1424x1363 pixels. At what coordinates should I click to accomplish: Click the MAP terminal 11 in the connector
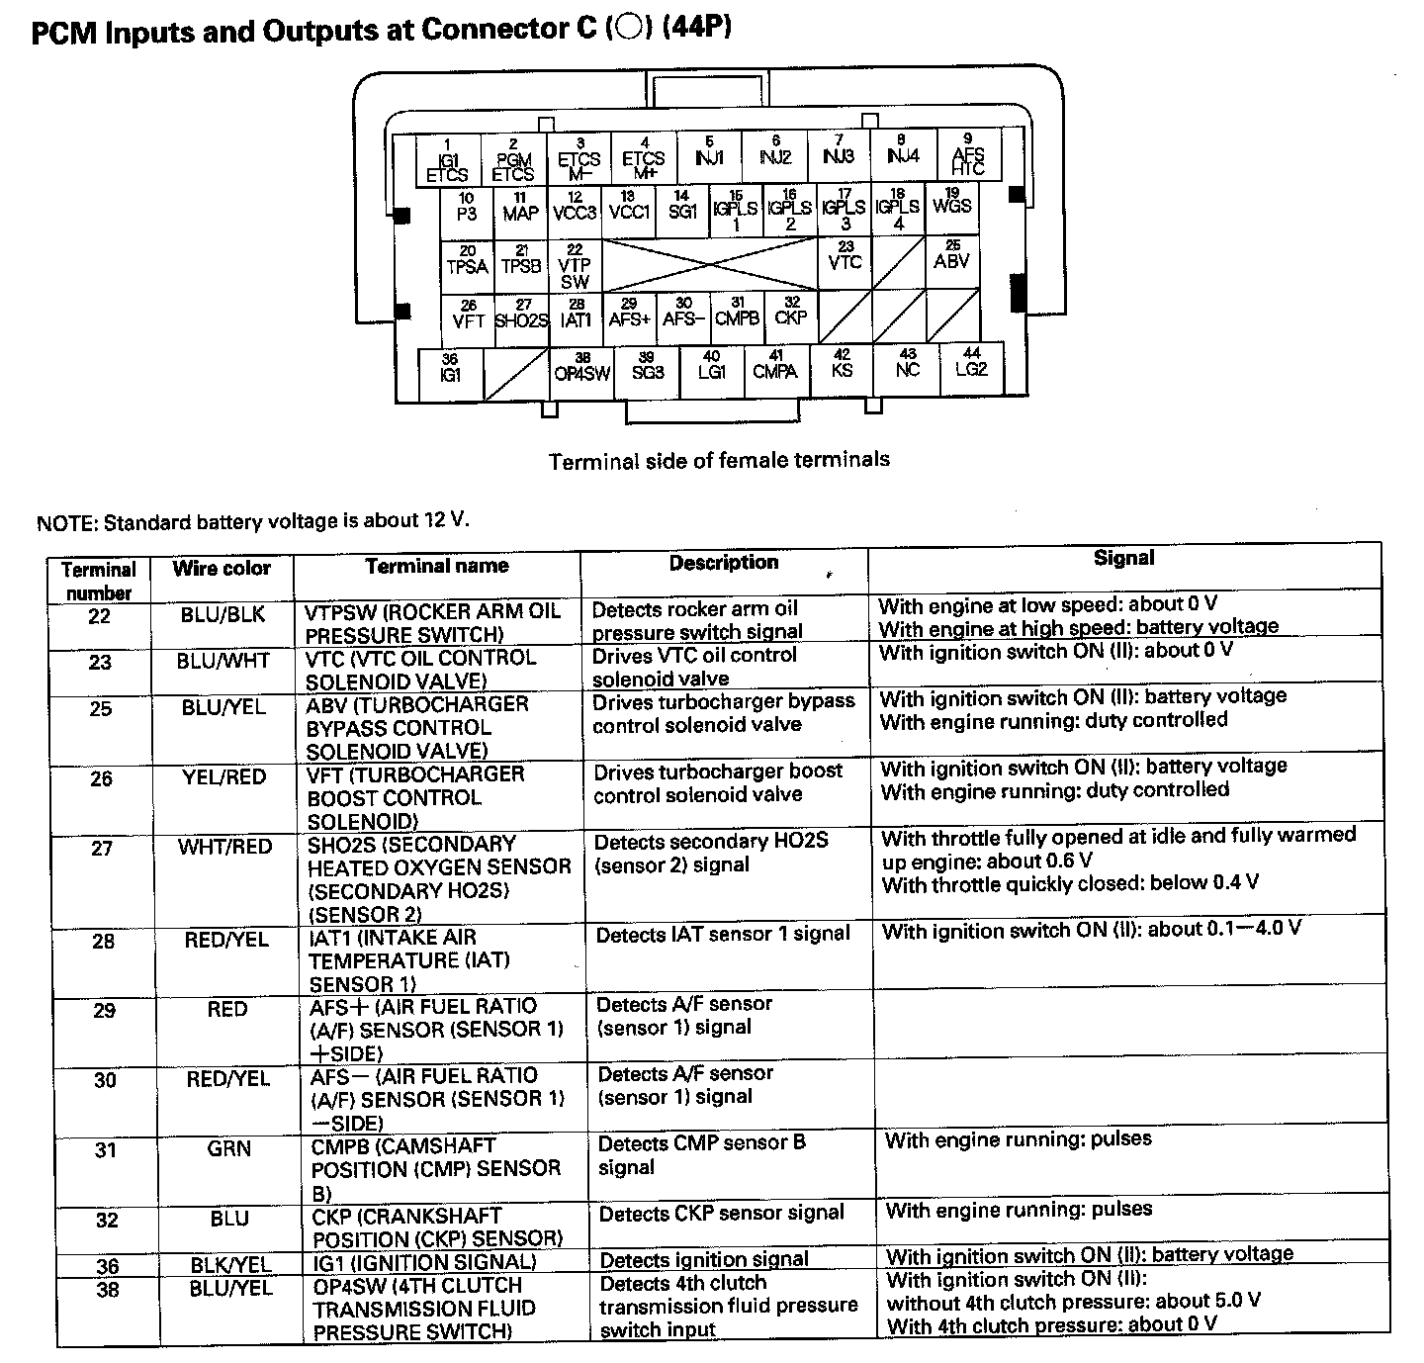pos(520,209)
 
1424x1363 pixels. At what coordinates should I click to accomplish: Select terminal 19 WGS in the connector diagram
pos(952,205)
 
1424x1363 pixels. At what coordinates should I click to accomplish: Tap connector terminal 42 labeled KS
pos(842,365)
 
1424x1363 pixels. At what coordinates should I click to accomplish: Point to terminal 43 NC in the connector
pos(907,365)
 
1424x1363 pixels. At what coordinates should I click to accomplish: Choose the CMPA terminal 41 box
pos(775,368)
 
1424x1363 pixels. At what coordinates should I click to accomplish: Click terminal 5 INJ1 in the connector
pos(709,154)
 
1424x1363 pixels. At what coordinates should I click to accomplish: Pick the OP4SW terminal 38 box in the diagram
pos(582,369)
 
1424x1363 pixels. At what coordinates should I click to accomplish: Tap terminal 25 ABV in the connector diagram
pos(951,258)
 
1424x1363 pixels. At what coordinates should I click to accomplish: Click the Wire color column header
pos(222,569)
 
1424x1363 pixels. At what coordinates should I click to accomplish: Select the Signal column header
pos(1123,559)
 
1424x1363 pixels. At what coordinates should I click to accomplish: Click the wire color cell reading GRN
pos(229,1149)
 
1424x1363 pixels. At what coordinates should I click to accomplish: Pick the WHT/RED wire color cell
pos(225,847)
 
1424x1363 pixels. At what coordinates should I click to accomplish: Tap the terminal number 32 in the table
pos(107,1221)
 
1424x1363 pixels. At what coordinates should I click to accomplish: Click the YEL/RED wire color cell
pos(224,777)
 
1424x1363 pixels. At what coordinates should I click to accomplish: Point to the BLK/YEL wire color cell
pos(231,1264)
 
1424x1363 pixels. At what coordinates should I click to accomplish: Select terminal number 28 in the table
pos(104,941)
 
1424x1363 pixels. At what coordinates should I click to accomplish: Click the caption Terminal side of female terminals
pos(719,460)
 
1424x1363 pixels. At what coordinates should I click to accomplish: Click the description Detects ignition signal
pos(704,1260)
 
